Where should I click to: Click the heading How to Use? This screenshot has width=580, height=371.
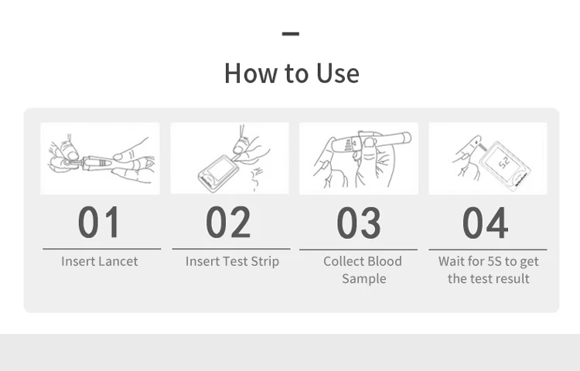pos(292,73)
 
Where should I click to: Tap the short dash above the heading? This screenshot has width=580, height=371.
pos(290,34)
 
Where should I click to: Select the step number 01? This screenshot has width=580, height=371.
pos(99,222)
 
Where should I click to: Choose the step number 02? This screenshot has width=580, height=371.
pos(228,222)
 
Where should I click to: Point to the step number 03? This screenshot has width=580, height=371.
pos(358,223)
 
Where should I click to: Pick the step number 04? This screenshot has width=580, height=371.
pos(486,223)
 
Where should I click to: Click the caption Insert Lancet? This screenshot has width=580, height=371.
pos(100,261)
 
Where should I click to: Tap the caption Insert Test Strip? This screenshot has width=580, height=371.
pos(232,261)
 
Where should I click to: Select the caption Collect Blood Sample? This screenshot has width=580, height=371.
pos(363,270)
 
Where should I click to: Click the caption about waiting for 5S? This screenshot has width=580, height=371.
pos(488,270)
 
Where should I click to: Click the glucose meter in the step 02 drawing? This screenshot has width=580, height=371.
pos(218,172)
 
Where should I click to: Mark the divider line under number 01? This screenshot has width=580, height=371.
pos(102,249)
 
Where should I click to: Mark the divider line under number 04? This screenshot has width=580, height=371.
pos(487,250)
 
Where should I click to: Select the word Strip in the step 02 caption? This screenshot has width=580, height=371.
pos(264,261)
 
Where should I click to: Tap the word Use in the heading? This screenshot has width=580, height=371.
pos(338,73)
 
